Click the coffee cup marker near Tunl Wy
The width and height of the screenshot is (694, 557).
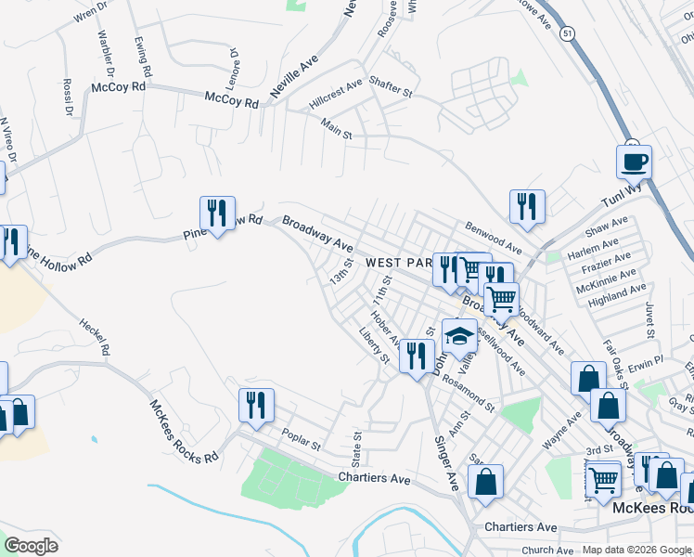(x=634, y=162)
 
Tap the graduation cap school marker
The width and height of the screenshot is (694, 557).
(x=458, y=336)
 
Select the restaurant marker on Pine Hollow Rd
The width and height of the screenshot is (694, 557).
(x=217, y=214)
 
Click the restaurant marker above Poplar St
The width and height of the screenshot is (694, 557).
(x=256, y=406)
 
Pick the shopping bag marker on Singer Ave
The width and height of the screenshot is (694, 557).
(x=485, y=482)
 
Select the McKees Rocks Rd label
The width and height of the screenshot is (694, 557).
(x=184, y=430)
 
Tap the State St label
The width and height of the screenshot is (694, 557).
(x=355, y=447)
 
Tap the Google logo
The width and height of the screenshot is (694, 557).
(x=31, y=545)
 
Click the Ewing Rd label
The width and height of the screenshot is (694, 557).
(x=143, y=57)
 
